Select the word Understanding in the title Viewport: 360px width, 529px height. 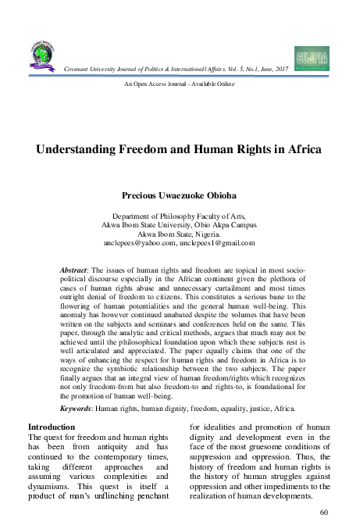click(97, 150)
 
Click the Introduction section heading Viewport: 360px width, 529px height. click(52, 427)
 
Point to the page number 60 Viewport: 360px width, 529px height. click(326, 512)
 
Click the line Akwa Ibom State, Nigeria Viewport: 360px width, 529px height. click(179, 233)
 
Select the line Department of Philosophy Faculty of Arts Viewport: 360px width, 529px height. click(179, 213)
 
